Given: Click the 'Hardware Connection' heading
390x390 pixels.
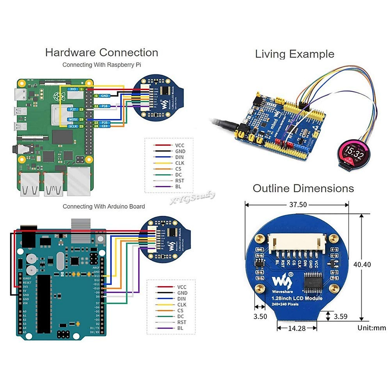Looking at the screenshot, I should pyautogui.click(x=102, y=53).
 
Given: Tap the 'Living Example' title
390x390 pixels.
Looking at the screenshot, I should pyautogui.click(x=294, y=54).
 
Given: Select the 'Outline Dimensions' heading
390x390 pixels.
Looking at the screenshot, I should pyautogui.click(x=303, y=188).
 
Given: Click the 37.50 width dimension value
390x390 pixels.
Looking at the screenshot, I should pyautogui.click(x=298, y=205).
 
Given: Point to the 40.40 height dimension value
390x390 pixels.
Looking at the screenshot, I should pyautogui.click(x=362, y=265).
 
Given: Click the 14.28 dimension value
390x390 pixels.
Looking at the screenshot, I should pyautogui.click(x=297, y=329).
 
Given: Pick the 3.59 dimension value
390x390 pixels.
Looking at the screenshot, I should pyautogui.click(x=341, y=317).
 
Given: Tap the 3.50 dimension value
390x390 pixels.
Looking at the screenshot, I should pyautogui.click(x=260, y=317).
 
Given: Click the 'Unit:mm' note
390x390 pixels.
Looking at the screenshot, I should pyautogui.click(x=372, y=328).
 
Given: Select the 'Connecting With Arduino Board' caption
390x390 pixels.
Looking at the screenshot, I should pyautogui.click(x=104, y=206).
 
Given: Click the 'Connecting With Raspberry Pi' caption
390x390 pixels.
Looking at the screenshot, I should pyautogui.click(x=102, y=65).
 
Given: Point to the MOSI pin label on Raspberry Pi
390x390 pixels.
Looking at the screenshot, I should pyautogui.click(x=73, y=120).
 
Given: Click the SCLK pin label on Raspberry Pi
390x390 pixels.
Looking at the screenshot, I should pyautogui.click(x=73, y=126).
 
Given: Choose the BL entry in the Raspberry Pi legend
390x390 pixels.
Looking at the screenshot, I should pyautogui.click(x=178, y=187).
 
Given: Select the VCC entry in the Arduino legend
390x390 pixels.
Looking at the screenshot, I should pyautogui.click(x=182, y=287).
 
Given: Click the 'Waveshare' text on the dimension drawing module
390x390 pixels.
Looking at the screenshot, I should pyautogui.click(x=282, y=292).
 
